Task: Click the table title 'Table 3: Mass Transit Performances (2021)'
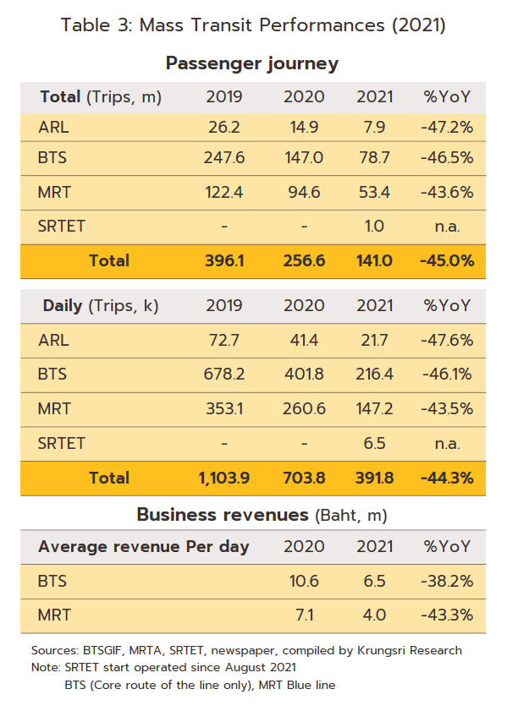click(x=253, y=25)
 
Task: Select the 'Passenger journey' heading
click(x=252, y=63)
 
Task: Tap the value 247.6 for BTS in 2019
click(x=223, y=158)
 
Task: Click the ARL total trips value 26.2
click(x=223, y=127)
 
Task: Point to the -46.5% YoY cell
click(x=447, y=158)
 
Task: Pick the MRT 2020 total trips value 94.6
click(x=304, y=192)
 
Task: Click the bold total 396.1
click(x=224, y=260)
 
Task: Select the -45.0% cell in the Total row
click(x=447, y=260)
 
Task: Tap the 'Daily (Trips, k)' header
click(x=101, y=306)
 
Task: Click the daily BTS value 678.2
click(x=223, y=374)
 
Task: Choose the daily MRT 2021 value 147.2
click(x=374, y=408)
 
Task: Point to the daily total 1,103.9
click(x=224, y=478)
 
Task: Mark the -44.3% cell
click(x=447, y=478)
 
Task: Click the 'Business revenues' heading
click(x=223, y=515)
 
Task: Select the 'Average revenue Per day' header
click(x=143, y=547)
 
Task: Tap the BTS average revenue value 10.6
click(x=304, y=582)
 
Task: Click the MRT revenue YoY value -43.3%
click(x=447, y=615)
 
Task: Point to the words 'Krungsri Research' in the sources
click(x=410, y=651)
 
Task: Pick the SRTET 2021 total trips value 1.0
click(x=374, y=227)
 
